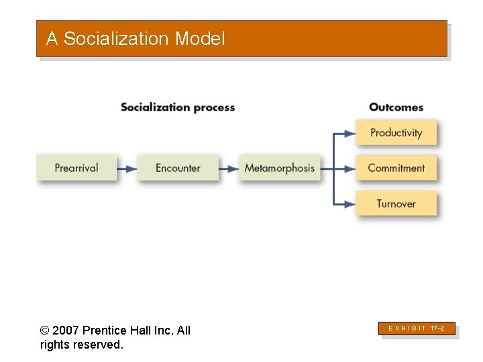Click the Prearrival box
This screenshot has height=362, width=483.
coord(76,168)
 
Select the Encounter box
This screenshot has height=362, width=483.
coord(178,168)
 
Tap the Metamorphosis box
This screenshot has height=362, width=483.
coord(279,168)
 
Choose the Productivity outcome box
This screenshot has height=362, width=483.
coord(396,133)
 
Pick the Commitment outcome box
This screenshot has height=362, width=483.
coord(396,168)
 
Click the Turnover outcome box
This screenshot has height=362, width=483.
coord(396,203)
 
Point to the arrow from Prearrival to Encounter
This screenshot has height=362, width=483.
coord(127,168)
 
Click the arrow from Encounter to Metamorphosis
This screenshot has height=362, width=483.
coord(229,168)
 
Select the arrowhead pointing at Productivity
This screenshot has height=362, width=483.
coord(350,133)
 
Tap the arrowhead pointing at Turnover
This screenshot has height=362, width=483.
coord(350,204)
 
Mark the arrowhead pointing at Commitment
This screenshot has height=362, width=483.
coord(350,168)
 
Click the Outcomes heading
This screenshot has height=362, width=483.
coord(396,107)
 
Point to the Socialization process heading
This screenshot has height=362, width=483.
coord(178,107)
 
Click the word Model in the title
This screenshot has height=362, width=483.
coord(200,39)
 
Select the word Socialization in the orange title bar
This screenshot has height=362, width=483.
coord(117,39)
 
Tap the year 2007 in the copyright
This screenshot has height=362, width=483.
coord(65,330)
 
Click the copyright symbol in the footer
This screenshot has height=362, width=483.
coord(44,330)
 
